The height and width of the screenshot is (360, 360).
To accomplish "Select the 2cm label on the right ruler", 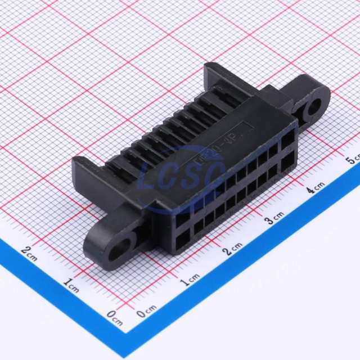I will pyautogui.click(x=233, y=249).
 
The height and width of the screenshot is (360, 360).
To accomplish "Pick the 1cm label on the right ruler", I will pyautogui.click(x=190, y=278).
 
